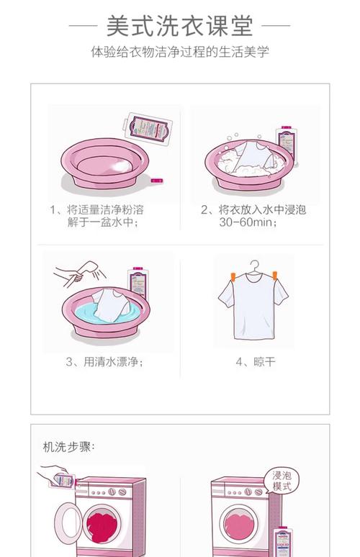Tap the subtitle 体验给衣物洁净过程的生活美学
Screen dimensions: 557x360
point(179,53)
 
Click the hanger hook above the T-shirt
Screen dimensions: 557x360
point(253,266)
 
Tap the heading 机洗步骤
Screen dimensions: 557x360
point(69,446)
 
